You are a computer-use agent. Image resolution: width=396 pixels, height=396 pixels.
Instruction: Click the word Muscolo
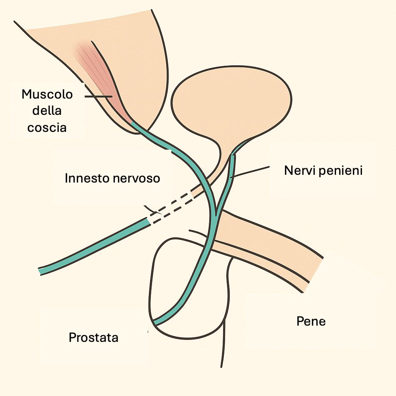click(x=47, y=94)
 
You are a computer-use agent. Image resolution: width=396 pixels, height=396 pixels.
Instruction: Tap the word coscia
click(x=47, y=127)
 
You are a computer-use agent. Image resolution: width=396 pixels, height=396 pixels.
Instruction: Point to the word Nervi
click(x=299, y=170)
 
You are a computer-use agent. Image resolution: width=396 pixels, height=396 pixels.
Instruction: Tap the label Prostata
click(x=93, y=338)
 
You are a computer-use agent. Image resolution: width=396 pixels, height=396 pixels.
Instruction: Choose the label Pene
click(x=311, y=321)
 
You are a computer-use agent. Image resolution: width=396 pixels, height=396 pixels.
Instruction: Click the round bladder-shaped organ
click(x=230, y=102)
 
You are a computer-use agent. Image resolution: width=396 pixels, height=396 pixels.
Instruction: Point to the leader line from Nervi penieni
click(x=251, y=172)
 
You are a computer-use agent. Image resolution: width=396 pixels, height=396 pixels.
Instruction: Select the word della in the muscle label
click(x=47, y=111)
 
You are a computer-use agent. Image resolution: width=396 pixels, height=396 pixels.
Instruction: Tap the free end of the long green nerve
click(x=40, y=271)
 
